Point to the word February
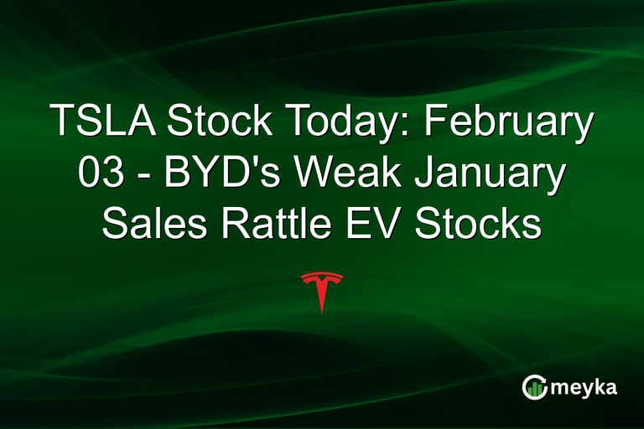[x=509, y=123]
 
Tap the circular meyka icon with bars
[x=533, y=387]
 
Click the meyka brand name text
[x=585, y=388]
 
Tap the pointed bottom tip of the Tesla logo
[x=321, y=311]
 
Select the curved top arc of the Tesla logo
[x=321, y=276]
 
